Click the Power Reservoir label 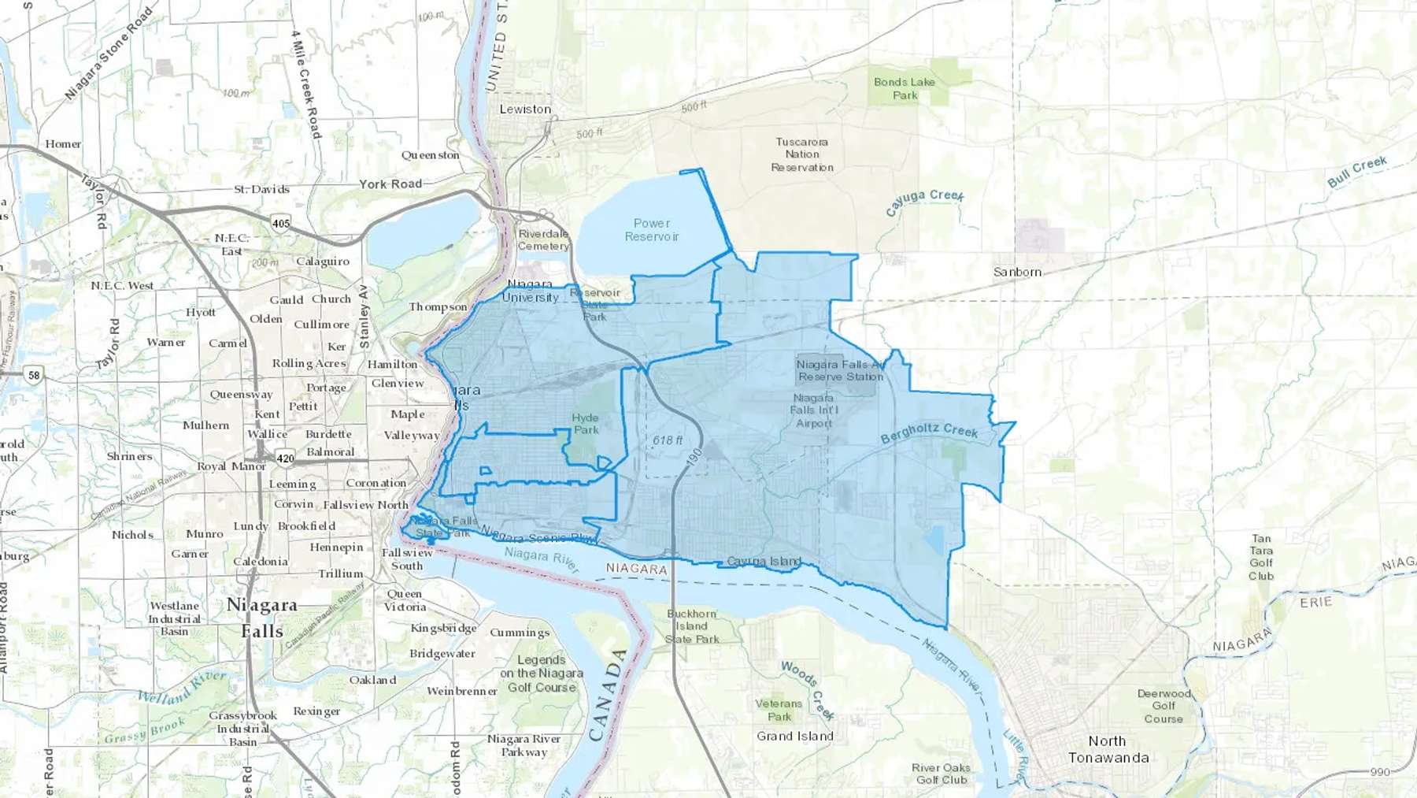tap(652, 230)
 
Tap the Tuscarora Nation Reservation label tap(802, 154)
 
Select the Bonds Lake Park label tap(905, 88)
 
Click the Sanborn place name tap(1017, 272)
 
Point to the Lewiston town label tap(525, 109)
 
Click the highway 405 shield tap(281, 223)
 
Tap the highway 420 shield tap(285, 458)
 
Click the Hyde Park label tap(586, 424)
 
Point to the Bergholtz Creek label tap(929, 432)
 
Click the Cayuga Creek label tap(924, 202)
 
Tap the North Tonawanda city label tap(1108, 749)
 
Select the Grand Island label tap(795, 736)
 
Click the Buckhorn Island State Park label tap(692, 626)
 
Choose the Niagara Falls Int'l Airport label tap(814, 410)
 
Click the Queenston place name tap(430, 155)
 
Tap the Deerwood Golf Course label tap(1164, 706)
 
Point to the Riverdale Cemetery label tap(543, 239)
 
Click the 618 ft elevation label tap(668, 440)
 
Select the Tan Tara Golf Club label tap(1261, 557)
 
